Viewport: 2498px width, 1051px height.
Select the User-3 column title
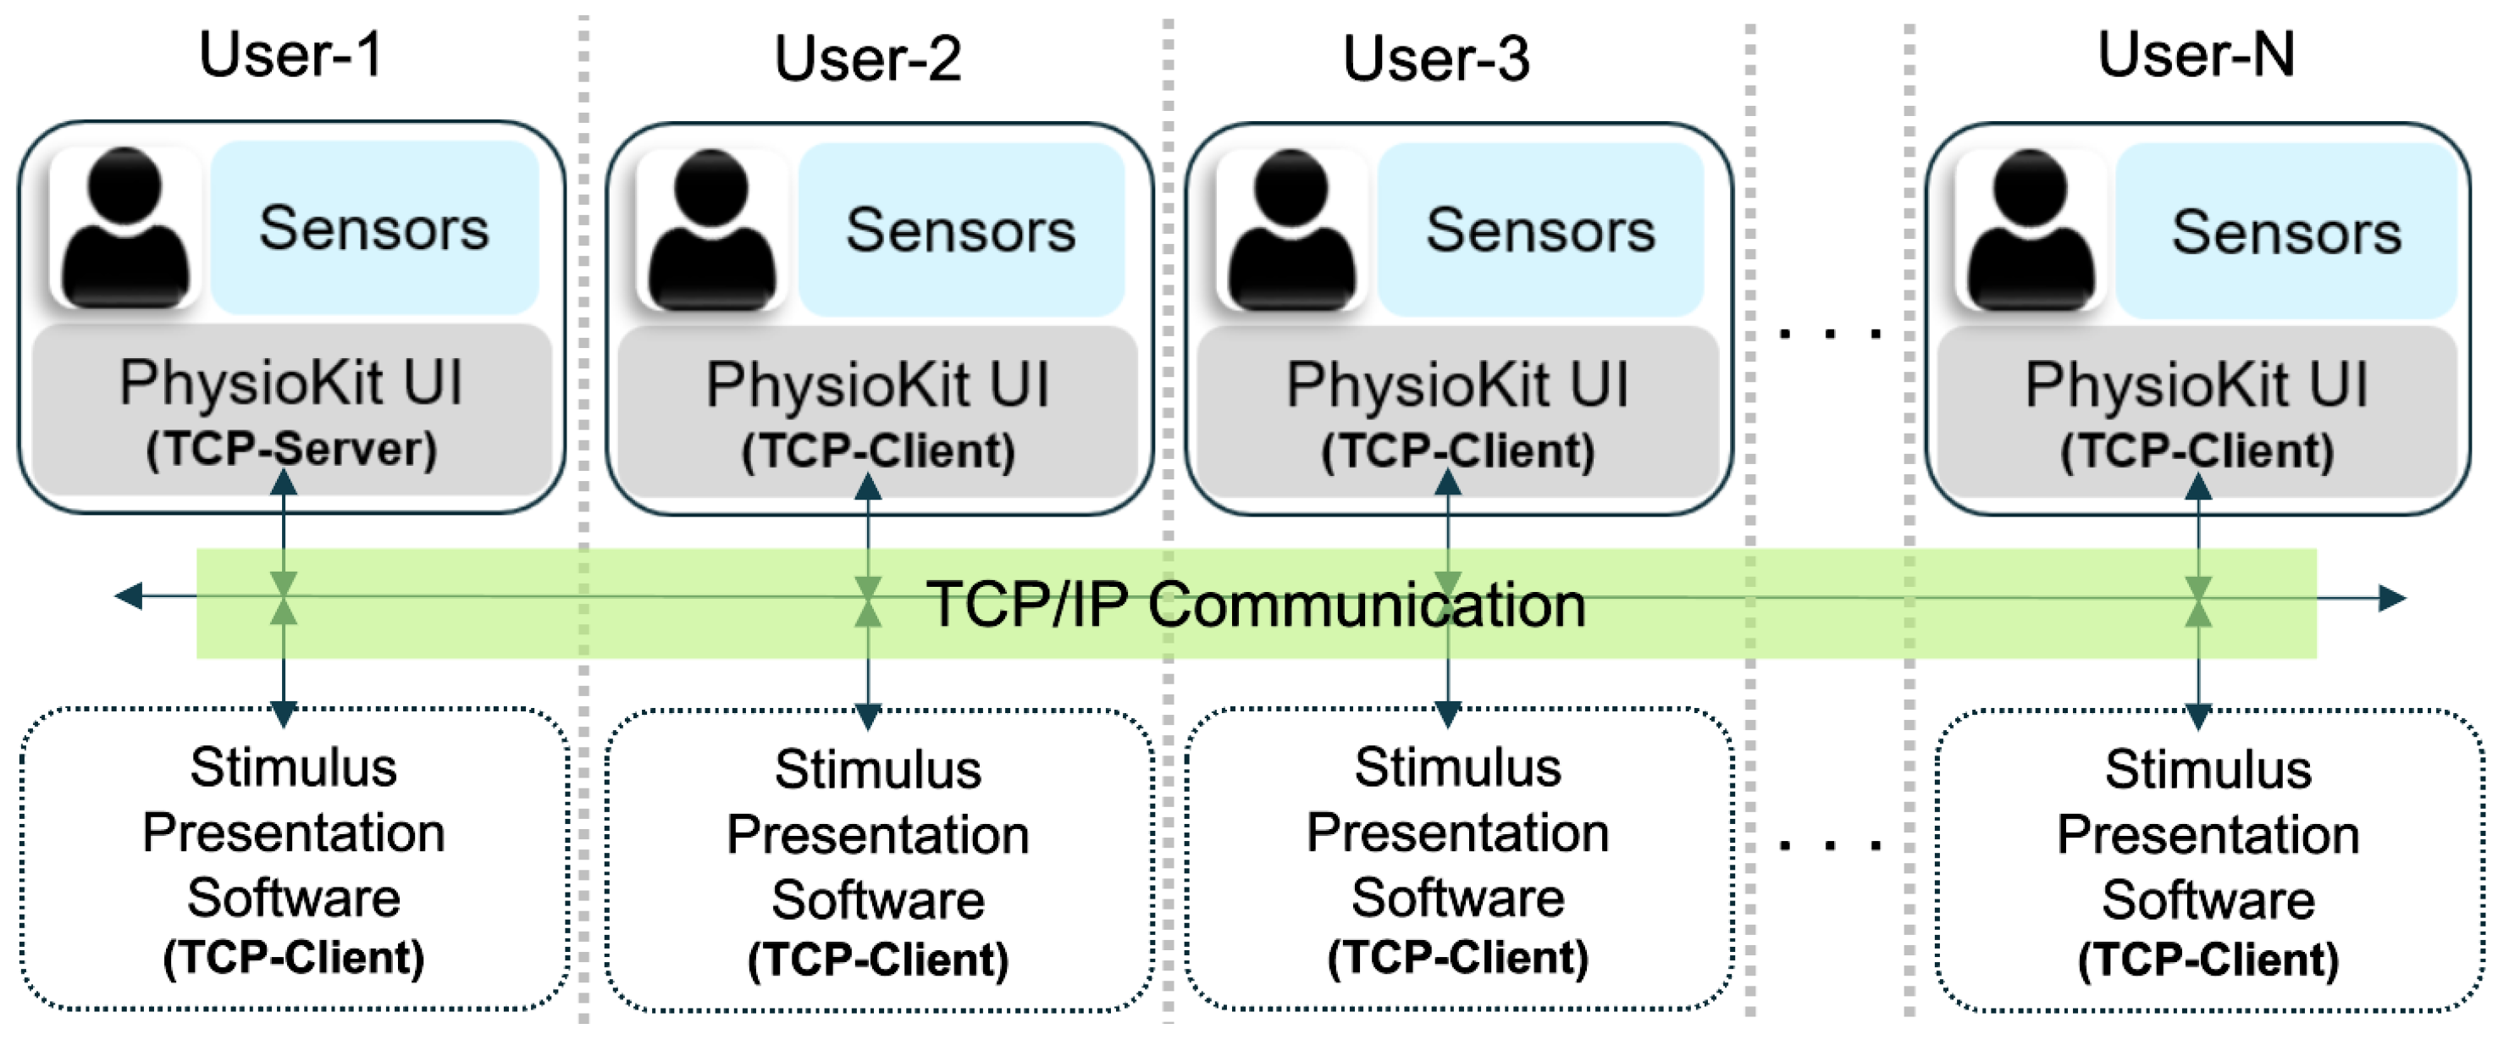(1435, 58)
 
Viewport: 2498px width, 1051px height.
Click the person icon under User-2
(713, 230)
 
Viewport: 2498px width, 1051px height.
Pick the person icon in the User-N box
(2030, 230)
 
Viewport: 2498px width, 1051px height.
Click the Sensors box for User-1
(374, 229)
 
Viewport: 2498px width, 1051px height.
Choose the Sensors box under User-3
(1540, 230)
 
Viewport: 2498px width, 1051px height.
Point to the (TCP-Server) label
(291, 449)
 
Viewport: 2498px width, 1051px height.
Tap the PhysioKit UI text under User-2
(876, 384)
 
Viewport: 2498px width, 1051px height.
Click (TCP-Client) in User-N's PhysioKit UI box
(2196, 451)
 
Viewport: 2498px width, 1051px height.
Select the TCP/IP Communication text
(1255, 604)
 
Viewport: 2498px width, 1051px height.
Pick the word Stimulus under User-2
(876, 770)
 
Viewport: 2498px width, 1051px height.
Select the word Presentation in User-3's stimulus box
(1456, 833)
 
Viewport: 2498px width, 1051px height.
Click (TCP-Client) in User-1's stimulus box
(293, 958)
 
